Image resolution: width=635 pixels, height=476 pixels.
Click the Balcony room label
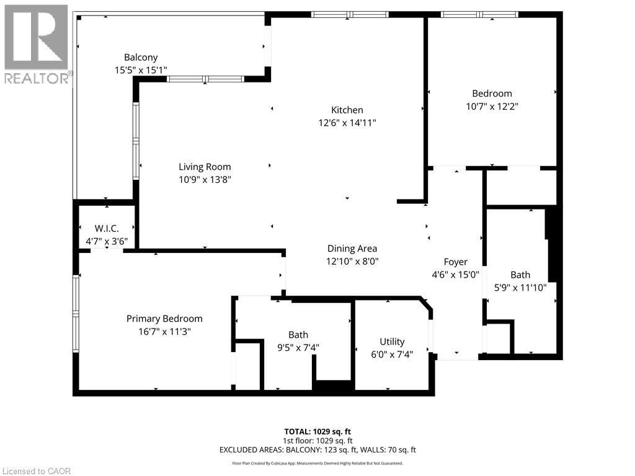click(x=141, y=58)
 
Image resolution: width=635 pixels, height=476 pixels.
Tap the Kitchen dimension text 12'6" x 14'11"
click(x=347, y=123)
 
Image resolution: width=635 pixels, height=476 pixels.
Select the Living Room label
click(x=205, y=167)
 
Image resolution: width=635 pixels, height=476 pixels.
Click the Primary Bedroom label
click(x=164, y=319)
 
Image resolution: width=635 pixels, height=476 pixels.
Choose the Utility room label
click(x=392, y=342)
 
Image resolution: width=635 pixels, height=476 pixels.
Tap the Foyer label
click(x=455, y=262)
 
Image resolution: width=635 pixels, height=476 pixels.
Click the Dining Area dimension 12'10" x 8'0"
click(x=353, y=262)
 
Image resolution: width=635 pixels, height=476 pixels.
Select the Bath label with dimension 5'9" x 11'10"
click(x=520, y=275)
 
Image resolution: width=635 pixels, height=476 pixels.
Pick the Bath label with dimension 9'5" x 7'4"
click(x=298, y=335)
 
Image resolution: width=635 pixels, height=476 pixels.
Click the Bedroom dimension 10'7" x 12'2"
click(x=492, y=107)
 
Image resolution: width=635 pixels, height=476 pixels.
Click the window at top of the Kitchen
click(x=350, y=14)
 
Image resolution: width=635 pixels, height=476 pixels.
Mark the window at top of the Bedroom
click(x=480, y=14)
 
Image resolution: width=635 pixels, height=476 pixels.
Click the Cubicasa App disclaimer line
click(x=317, y=463)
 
